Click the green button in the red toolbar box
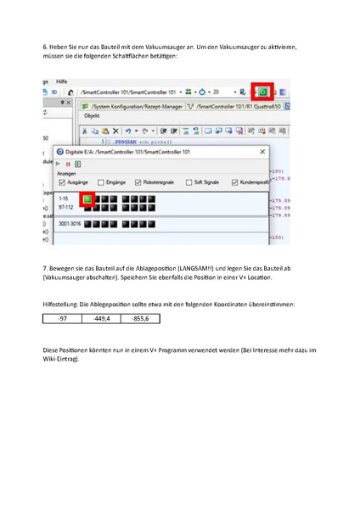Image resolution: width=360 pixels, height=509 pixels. pos(263,90)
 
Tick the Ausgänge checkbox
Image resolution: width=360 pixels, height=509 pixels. pos(61,182)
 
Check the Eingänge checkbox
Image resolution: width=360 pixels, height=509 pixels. pos(100,182)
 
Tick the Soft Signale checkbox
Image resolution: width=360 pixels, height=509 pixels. pos(188,182)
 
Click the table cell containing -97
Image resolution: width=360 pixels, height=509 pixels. pos(63,319)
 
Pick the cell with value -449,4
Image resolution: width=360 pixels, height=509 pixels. pos(102,319)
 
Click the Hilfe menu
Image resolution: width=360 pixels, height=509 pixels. pos(62,78)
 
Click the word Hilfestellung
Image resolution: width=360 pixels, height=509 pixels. pos(59,302)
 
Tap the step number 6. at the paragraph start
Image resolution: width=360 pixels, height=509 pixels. pos(45,47)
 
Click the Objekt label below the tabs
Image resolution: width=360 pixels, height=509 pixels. pos(91,117)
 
